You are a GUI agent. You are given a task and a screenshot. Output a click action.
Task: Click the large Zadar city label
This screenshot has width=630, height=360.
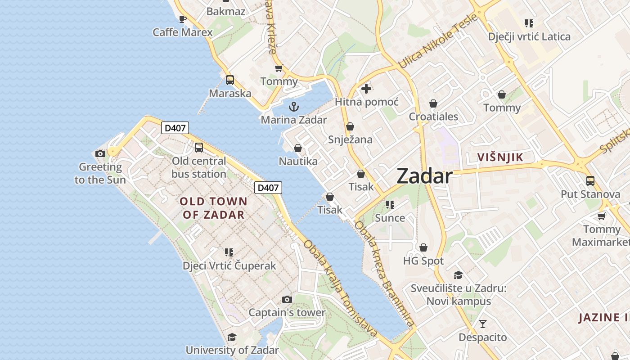(424, 176)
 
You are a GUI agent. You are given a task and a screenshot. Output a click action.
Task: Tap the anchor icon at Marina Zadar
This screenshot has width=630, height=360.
(293, 107)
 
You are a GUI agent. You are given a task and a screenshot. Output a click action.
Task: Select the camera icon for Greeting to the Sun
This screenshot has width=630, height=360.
(100, 154)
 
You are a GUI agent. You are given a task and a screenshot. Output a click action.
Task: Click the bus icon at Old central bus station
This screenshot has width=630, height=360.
(198, 148)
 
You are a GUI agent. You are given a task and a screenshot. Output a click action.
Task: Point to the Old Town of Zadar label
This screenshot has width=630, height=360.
(214, 208)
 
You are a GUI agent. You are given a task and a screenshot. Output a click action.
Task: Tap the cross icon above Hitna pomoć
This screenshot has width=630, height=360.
(366, 89)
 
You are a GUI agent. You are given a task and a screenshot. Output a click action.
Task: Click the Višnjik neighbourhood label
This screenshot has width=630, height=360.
(500, 157)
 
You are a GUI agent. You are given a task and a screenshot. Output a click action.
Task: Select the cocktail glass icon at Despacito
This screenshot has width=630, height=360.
(483, 324)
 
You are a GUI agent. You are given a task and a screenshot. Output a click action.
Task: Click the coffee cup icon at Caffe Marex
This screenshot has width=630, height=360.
(182, 19)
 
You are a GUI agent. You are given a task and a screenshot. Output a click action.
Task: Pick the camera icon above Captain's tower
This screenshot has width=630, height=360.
(287, 299)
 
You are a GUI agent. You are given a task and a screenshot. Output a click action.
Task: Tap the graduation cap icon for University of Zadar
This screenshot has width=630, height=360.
(232, 337)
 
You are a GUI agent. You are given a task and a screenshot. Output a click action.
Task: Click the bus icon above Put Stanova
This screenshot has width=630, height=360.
(590, 181)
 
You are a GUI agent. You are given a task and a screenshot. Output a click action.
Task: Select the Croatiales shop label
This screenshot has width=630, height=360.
(433, 117)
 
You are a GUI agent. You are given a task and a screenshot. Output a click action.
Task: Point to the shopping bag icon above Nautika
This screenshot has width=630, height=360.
(297, 148)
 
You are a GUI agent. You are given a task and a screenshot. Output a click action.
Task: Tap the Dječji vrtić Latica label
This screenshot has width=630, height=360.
(529, 37)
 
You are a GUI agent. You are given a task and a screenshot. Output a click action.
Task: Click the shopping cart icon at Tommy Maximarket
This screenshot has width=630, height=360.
(601, 216)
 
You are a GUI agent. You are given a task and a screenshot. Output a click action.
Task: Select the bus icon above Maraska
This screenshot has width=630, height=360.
(230, 80)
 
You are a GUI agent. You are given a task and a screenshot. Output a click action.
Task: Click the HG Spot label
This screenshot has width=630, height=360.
(423, 261)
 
